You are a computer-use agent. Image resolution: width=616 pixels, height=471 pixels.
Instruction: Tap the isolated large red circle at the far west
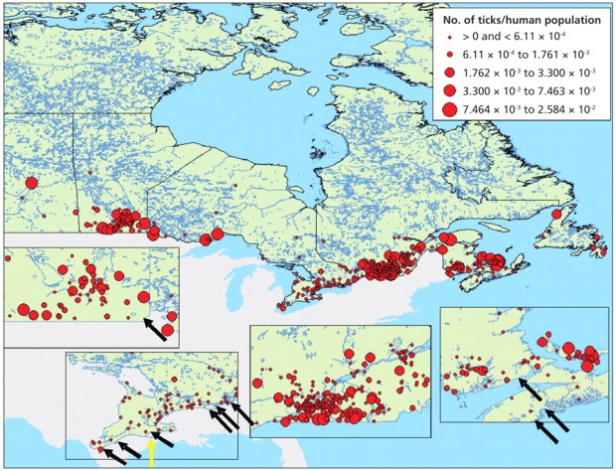[30, 183]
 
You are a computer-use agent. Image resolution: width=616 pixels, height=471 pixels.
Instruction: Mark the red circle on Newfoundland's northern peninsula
[557, 214]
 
